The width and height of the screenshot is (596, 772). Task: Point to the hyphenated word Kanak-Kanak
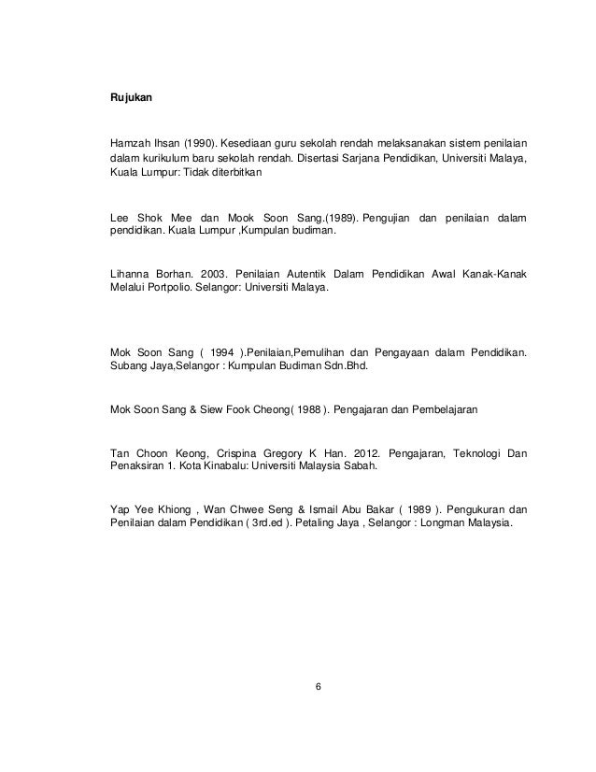pos(492,274)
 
